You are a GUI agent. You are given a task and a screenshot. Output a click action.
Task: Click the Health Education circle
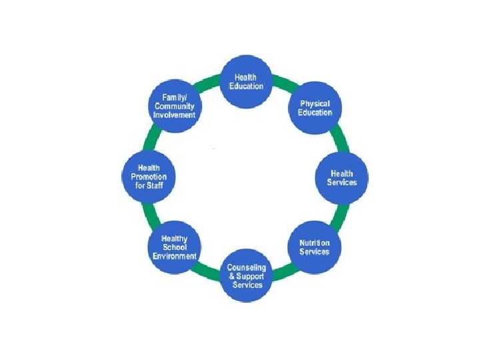pyautogui.click(x=246, y=82)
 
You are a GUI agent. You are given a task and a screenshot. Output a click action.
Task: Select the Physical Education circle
pyautogui.click(x=315, y=108)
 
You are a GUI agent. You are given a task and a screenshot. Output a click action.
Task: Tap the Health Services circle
pyautogui.click(x=341, y=178)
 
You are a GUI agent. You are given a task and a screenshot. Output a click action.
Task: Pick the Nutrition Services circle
pyautogui.click(x=314, y=246)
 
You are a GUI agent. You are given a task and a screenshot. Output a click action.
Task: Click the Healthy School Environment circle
pyautogui.click(x=175, y=247)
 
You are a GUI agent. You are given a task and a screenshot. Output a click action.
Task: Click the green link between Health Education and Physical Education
pyautogui.click(x=282, y=87)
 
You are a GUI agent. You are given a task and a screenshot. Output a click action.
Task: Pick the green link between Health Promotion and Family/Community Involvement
pyautogui.click(x=155, y=140)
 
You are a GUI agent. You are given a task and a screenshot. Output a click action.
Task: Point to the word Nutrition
pyautogui.click(x=314, y=243)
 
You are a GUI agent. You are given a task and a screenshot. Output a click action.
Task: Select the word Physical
pyautogui.click(x=315, y=104)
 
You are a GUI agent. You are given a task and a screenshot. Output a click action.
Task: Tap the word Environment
pyautogui.click(x=175, y=255)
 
